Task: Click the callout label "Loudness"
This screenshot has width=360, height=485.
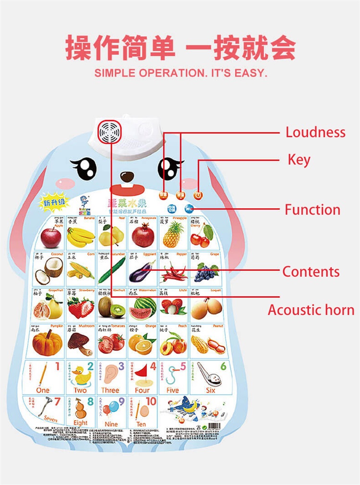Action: tap(315, 132)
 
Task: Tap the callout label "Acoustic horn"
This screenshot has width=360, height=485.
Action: tap(311, 310)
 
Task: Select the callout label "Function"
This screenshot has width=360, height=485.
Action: tap(312, 209)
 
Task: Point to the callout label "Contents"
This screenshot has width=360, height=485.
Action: tap(311, 271)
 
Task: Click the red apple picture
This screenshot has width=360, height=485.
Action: tap(51, 237)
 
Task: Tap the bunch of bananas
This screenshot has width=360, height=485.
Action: tap(81, 236)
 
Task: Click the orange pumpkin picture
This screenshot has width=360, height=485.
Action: tap(48, 343)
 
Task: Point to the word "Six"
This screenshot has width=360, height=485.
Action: tap(210, 390)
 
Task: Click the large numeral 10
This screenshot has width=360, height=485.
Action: tap(151, 401)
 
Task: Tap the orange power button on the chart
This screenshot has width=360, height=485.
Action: tap(198, 195)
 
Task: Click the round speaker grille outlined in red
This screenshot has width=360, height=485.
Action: tap(110, 131)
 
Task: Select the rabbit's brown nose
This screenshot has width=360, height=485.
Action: tap(127, 176)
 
